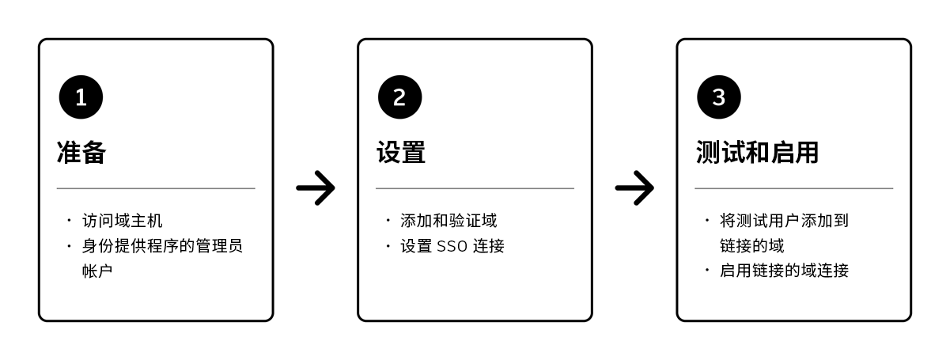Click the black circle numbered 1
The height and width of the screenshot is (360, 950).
tap(81, 97)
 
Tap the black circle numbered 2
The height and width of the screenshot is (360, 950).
tap(399, 97)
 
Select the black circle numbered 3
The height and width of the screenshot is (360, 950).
tap(718, 97)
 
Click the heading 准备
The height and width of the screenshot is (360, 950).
tap(81, 152)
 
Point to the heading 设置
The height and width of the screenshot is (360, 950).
tap(400, 152)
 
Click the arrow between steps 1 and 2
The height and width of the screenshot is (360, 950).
tap(316, 188)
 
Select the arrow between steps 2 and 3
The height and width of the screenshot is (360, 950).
tap(634, 188)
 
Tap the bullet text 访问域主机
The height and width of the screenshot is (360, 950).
tap(123, 221)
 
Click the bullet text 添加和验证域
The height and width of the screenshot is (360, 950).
tap(449, 221)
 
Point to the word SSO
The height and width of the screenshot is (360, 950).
tap(452, 246)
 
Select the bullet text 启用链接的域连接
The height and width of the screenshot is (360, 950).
tap(784, 271)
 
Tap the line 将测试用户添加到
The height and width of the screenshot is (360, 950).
tap(784, 221)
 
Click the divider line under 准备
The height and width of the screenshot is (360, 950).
tap(156, 188)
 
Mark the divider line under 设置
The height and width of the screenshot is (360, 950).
tap(475, 188)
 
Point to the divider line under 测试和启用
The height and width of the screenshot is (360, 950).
tap(793, 188)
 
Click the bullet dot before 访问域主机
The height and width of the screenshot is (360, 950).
tap(69, 221)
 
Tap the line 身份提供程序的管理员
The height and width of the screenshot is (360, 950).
tap(162, 246)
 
